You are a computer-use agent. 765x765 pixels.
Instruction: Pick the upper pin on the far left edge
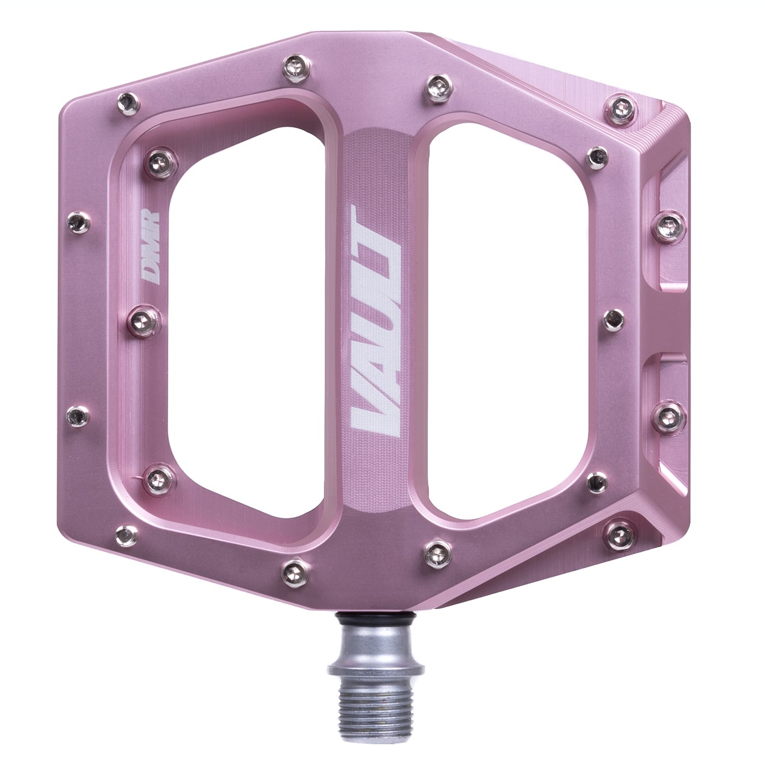point(75,222)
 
